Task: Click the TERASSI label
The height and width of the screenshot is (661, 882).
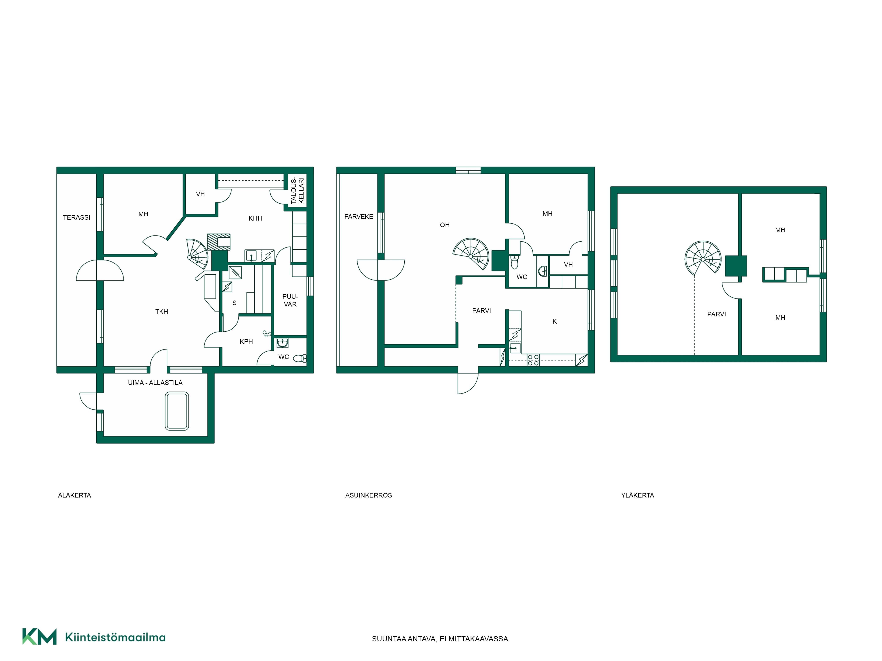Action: click(77, 217)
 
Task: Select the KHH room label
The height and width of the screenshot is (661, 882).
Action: click(255, 218)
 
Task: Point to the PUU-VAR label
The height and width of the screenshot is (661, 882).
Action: click(290, 300)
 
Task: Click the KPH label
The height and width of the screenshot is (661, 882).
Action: click(247, 342)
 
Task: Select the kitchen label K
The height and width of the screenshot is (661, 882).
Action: click(555, 321)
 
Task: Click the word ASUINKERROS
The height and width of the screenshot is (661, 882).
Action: click(369, 495)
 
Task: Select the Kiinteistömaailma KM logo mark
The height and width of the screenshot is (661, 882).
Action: click(39, 636)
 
